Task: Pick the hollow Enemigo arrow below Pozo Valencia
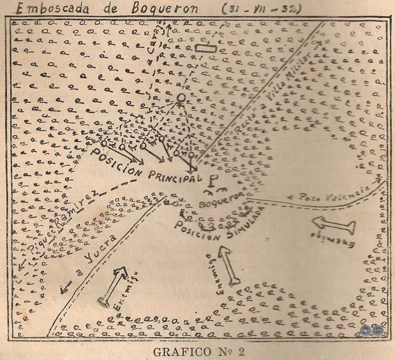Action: pyautogui.click(x=334, y=225)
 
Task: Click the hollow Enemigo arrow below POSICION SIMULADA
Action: pyautogui.click(x=228, y=265)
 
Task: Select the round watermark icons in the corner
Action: pyautogui.click(x=371, y=331)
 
